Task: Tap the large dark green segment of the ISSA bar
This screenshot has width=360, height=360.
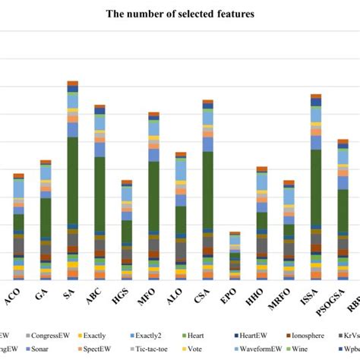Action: click(316, 190)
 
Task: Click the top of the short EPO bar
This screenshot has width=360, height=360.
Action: click(235, 233)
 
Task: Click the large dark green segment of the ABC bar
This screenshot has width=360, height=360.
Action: click(99, 194)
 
